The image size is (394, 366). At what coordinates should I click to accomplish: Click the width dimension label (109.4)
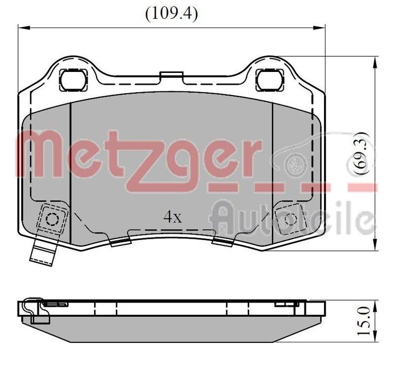171,14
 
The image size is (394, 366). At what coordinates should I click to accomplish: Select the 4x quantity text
172,217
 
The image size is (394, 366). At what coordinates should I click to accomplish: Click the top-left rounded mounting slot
73,79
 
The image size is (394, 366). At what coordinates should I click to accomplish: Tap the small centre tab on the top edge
171,75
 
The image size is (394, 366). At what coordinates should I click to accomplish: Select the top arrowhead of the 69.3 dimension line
376,60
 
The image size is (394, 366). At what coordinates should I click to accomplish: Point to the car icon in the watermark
315,155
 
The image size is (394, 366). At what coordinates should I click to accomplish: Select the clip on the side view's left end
31,310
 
